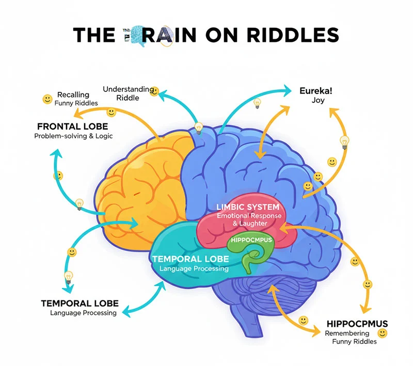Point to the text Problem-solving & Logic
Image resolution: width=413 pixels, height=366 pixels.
pos(73,136)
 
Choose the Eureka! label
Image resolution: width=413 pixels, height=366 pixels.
pos(316,91)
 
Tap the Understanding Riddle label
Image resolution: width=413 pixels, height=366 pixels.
pos(128,93)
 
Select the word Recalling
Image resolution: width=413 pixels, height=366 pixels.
pos(73,95)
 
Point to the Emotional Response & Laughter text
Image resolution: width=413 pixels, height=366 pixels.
pos(249,219)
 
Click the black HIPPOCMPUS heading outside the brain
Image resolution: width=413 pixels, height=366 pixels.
pos(357,324)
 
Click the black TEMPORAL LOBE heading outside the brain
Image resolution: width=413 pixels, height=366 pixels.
pos(80,303)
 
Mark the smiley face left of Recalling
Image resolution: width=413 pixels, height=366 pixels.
pos(47,98)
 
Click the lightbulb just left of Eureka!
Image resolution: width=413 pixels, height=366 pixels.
pos(257,103)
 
